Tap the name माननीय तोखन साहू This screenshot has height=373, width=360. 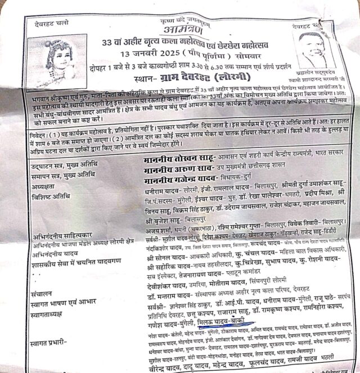pos(171,160)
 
